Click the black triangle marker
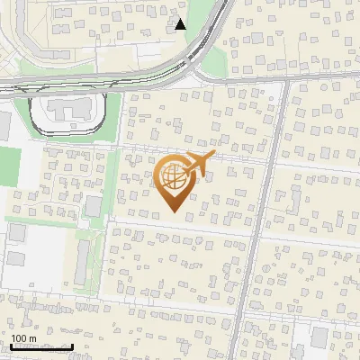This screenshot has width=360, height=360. [181, 24]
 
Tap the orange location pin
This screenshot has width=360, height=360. [175, 184]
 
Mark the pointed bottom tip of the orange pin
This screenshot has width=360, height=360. [175, 212]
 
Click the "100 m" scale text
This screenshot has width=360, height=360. [23, 338]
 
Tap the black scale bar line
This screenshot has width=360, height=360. [41, 346]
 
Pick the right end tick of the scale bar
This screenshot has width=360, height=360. [72, 345]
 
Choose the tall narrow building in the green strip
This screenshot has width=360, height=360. [81, 261]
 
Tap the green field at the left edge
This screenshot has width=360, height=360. [9, 166]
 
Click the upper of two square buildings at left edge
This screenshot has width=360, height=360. [17, 233]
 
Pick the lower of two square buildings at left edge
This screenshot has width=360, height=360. [16, 258]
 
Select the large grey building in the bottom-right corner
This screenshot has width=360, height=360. [320, 338]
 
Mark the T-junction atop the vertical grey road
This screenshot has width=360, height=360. [286, 80]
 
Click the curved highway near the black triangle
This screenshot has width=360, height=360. [204, 44]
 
